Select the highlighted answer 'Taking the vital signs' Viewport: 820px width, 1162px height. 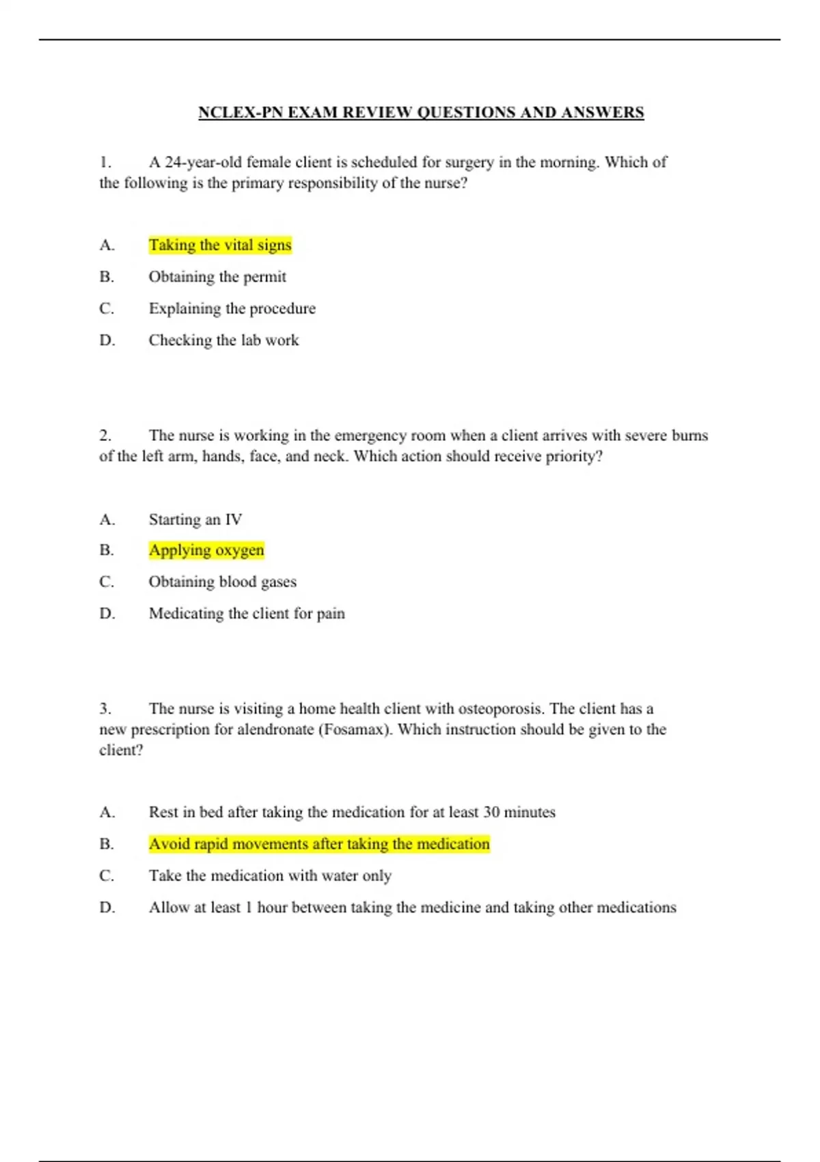(x=220, y=245)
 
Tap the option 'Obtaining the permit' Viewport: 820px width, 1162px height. (x=217, y=277)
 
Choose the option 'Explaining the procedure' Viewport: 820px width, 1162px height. (x=232, y=308)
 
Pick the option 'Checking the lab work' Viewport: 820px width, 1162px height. (x=223, y=340)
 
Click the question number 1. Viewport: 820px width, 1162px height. (x=105, y=163)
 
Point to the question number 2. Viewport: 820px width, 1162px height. (x=105, y=435)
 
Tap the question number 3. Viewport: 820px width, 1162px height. (x=105, y=709)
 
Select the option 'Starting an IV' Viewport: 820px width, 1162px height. (x=195, y=519)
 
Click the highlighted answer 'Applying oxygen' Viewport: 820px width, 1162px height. (x=206, y=550)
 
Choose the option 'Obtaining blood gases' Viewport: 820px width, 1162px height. (x=223, y=582)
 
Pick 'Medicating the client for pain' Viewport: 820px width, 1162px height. (x=247, y=614)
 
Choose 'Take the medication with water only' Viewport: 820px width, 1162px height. (x=270, y=876)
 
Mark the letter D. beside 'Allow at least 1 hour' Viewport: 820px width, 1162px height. (x=107, y=908)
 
